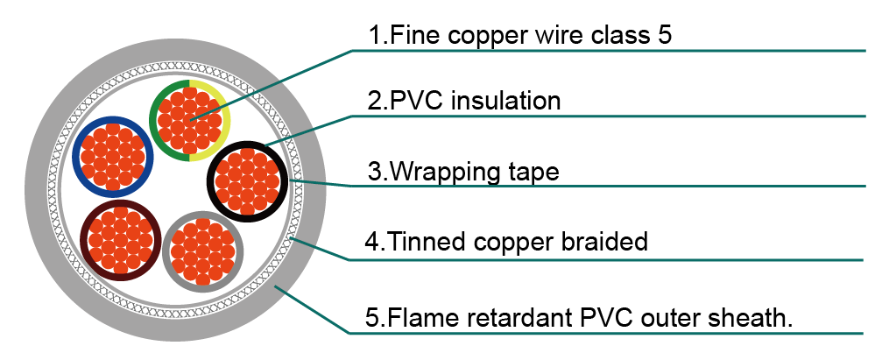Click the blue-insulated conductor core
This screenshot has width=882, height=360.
114,157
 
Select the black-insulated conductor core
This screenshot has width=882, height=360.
248,181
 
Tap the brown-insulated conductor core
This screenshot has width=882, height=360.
120,240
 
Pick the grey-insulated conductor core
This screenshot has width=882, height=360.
203,251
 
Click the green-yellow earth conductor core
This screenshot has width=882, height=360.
189,120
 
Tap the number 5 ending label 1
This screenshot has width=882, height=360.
664,35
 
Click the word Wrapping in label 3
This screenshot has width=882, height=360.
443,173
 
